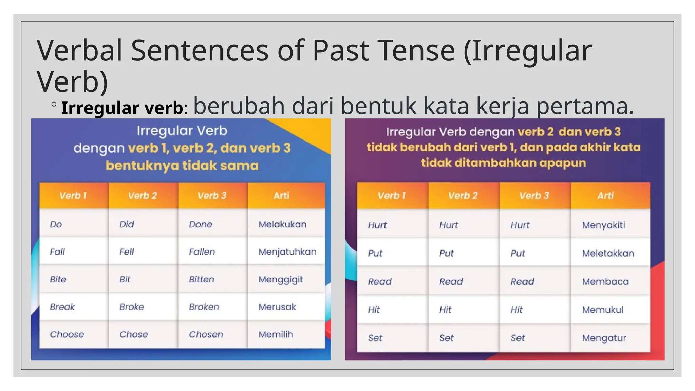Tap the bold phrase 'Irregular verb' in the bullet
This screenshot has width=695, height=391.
point(122,108)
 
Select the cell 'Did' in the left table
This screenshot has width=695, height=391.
point(127,224)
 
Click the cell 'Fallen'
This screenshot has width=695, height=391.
point(202,252)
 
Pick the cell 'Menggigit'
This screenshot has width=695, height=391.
point(281,279)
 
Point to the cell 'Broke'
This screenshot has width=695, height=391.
point(132,307)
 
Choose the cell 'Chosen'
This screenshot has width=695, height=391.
point(206,334)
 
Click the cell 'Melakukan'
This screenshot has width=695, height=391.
point(282,224)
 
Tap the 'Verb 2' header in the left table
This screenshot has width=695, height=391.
point(143,195)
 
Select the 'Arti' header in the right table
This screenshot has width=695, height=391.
point(605,195)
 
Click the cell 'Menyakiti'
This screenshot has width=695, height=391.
point(603,225)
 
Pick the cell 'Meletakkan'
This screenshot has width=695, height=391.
point(608,253)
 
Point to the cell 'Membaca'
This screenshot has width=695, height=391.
point(605,281)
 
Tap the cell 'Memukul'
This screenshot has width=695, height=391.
point(603,310)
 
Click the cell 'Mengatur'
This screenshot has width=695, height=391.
point(604,338)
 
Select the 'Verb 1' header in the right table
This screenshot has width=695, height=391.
point(392,195)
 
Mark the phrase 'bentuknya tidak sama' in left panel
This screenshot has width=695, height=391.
point(182,166)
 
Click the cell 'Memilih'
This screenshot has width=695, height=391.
point(276,334)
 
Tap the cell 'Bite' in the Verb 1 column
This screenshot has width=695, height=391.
point(58,279)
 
